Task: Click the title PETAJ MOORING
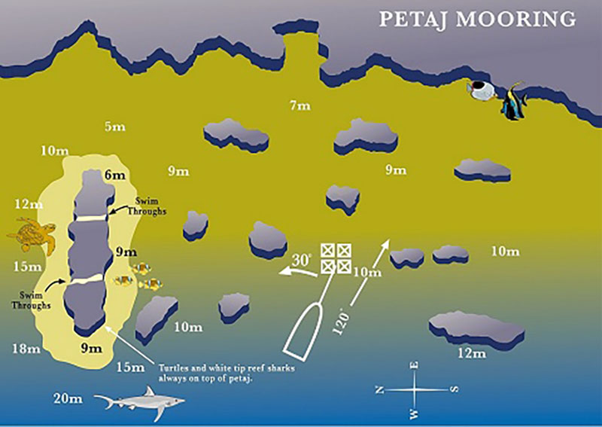477,19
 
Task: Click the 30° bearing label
302,260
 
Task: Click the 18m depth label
26,348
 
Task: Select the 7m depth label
299,106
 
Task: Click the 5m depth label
115,127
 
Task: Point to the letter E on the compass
415,367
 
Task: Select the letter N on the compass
382,389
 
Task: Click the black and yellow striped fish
514,102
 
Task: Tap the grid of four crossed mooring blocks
335,258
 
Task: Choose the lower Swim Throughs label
31,300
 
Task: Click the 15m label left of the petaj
26,266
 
